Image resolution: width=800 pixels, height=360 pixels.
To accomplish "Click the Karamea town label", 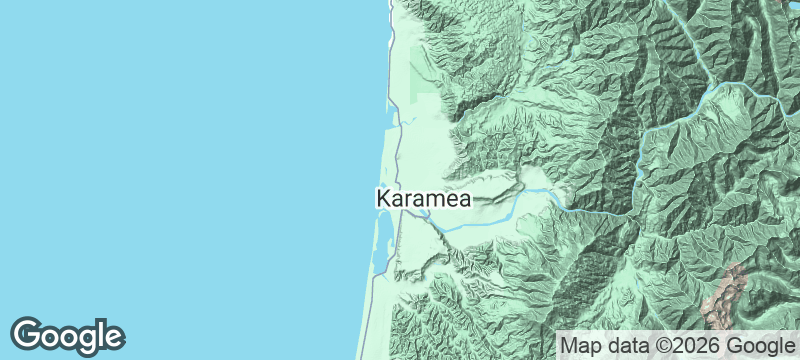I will [x=423, y=198].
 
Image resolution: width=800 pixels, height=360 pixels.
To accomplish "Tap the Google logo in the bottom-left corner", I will [x=68, y=335].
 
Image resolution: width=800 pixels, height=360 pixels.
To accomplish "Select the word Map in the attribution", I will [x=582, y=346].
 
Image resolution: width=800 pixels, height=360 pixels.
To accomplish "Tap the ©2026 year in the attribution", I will [x=690, y=346].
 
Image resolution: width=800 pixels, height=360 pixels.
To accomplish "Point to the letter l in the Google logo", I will [x=101, y=332].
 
